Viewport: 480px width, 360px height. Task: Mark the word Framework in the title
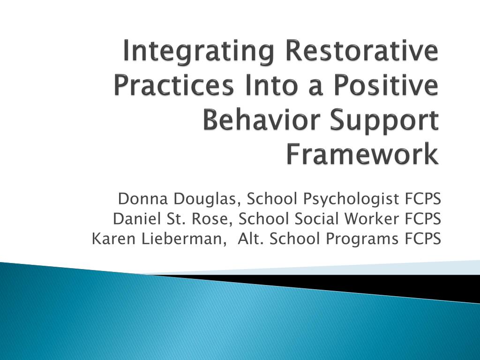click(x=363, y=155)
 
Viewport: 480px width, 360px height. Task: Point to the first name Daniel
click(x=135, y=219)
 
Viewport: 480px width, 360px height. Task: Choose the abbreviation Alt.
click(x=249, y=239)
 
